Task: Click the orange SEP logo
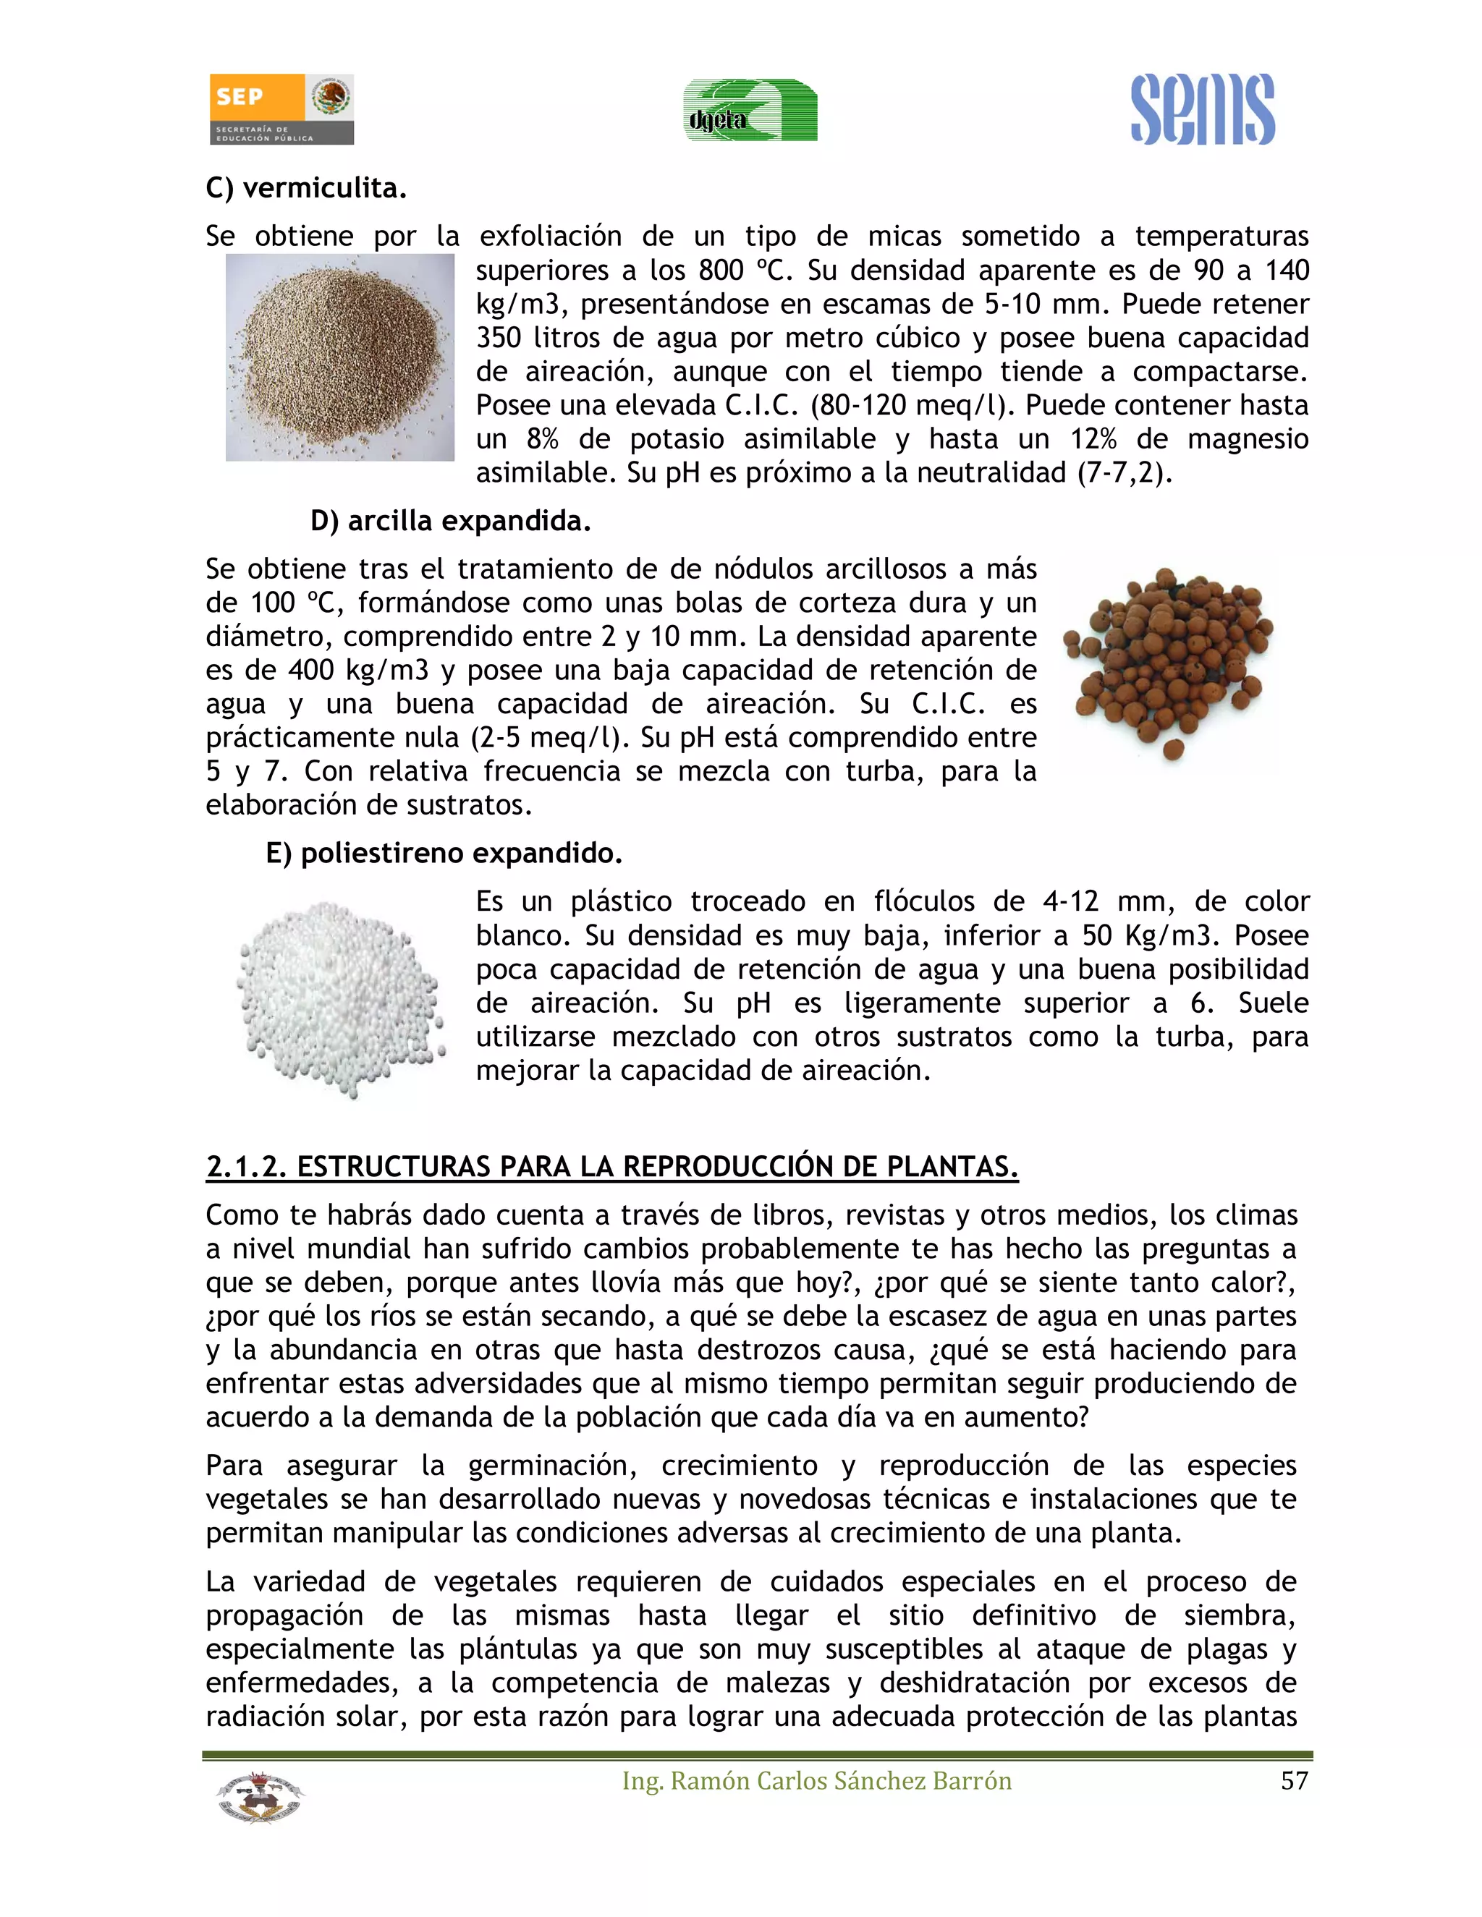(281, 109)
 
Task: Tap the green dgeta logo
(750, 111)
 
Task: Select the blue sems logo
(1202, 110)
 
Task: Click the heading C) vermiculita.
(306, 188)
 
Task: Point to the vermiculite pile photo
(340, 357)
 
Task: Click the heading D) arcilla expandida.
(450, 521)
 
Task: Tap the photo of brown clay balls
(1168, 663)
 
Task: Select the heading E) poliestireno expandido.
(444, 852)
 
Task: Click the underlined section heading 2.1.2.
(612, 1167)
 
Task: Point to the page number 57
(1294, 1781)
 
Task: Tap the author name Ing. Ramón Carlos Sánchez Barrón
(816, 1781)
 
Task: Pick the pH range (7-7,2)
(1125, 472)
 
